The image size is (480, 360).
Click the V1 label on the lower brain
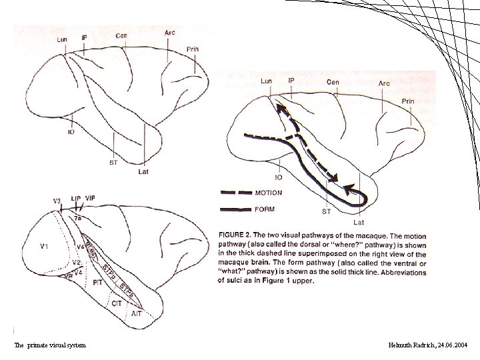[44, 246]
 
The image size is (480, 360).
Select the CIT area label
[116, 303]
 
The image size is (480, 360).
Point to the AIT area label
[136, 313]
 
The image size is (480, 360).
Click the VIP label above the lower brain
[90, 198]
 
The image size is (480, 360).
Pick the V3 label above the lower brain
[57, 201]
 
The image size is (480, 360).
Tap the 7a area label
[78, 217]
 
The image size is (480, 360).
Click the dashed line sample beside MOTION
[235, 193]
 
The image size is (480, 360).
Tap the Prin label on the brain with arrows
[407, 101]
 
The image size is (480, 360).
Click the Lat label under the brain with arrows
[358, 221]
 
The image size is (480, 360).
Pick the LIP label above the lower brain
[76, 198]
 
